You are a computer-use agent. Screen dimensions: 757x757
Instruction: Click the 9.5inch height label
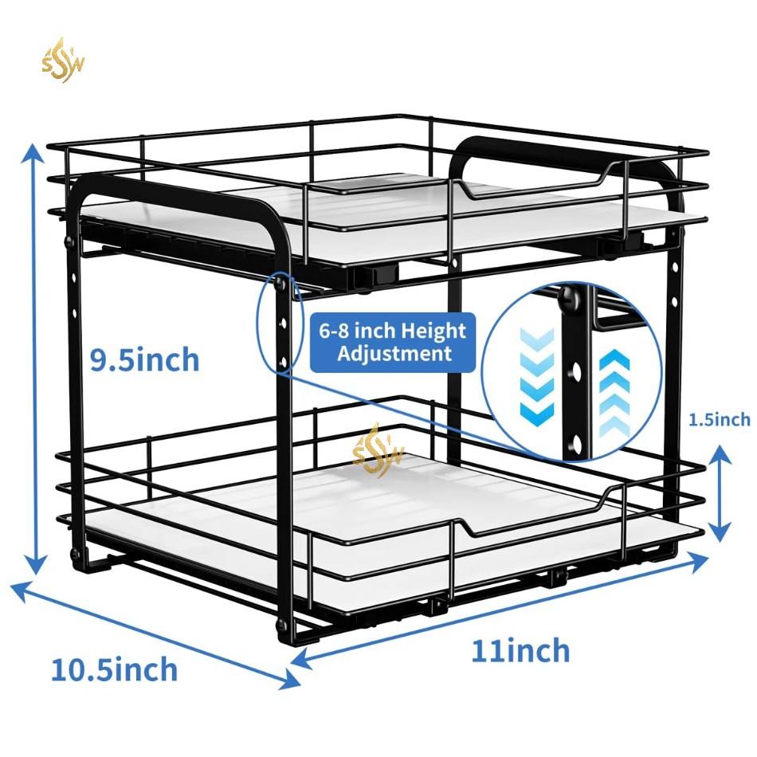pos(143,360)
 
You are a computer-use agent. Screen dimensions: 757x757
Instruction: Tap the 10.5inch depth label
pos(114,669)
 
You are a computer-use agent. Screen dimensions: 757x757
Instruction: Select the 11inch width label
pos(520,650)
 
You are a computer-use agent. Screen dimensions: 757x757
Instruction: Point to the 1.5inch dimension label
pos(718,419)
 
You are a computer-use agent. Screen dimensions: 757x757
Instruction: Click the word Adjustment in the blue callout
pos(394,353)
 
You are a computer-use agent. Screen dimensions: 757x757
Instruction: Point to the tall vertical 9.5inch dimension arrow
pos(33,359)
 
